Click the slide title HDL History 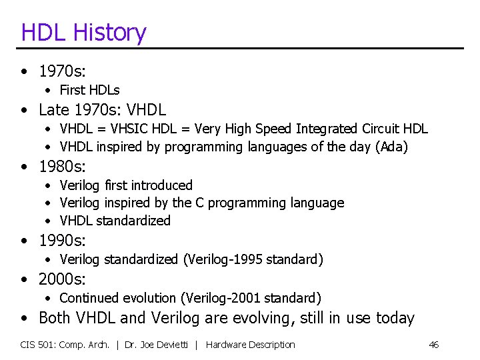83,32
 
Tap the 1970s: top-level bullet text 63,71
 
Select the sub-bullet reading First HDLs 89,90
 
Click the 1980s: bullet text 63,166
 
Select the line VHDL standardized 115,220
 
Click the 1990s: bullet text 63,240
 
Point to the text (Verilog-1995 222,259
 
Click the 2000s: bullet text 63,279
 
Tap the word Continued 89,298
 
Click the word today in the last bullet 395,318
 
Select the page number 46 433,345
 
